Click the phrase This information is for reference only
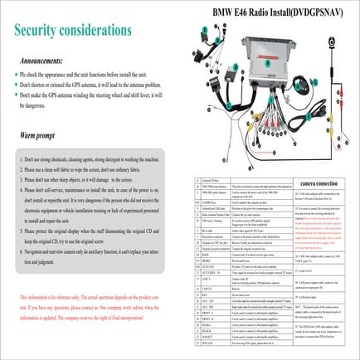point(50,296)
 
